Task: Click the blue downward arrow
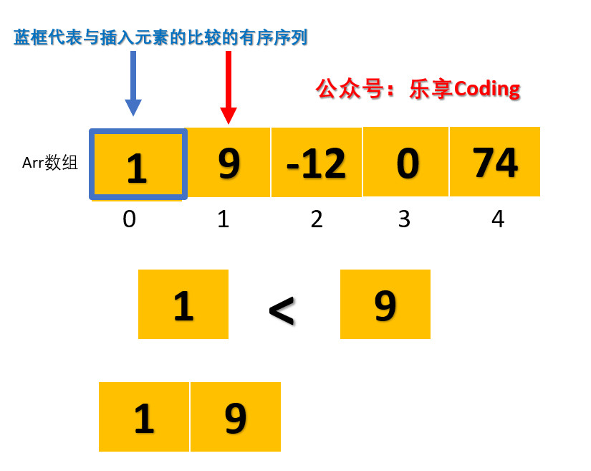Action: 133,83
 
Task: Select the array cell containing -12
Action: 316,163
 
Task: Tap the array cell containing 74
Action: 494,161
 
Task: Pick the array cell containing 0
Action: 405,161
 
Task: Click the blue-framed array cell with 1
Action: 138,164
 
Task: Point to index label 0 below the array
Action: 129,219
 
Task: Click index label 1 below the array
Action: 224,219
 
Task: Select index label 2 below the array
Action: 317,219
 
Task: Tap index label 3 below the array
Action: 404,219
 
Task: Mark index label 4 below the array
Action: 498,219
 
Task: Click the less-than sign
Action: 282,310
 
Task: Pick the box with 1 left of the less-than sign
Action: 183,304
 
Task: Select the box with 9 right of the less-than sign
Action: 385,304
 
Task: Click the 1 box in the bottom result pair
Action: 144,417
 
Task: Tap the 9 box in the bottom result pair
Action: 236,417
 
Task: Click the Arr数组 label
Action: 49,163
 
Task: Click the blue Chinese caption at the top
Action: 160,37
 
